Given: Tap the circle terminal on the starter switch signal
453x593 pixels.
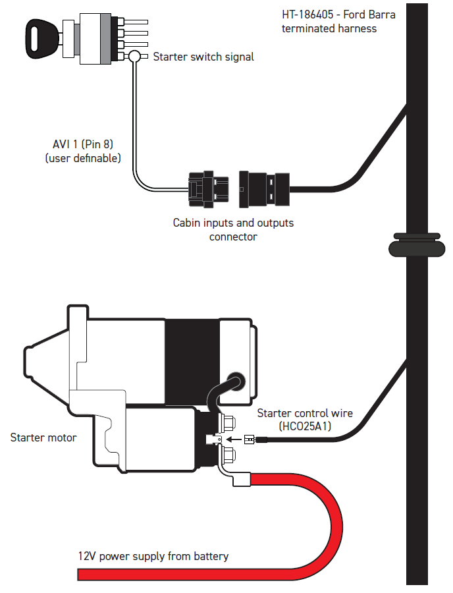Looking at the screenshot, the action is click(x=134, y=57).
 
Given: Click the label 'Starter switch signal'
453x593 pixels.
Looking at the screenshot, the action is click(x=203, y=57).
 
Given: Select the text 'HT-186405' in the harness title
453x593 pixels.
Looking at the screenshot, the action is click(x=307, y=14).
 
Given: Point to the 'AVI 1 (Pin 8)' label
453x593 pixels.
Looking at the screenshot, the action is click(x=83, y=144).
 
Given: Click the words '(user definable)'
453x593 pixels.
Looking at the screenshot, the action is click(x=83, y=158).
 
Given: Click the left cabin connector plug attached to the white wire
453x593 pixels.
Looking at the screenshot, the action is click(x=209, y=190).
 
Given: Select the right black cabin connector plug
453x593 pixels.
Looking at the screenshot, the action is click(x=264, y=189).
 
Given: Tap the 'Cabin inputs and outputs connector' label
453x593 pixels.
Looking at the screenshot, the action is click(x=233, y=229).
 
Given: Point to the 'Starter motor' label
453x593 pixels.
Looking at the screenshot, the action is click(x=43, y=438).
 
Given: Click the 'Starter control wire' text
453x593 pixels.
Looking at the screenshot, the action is click(x=305, y=413).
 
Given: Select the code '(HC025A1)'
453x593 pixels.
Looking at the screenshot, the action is click(x=305, y=426).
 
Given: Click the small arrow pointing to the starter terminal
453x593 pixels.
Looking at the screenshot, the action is click(x=234, y=439).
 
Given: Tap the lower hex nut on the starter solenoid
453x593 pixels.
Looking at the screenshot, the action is click(x=228, y=454).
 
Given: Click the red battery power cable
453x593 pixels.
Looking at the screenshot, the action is click(x=332, y=530).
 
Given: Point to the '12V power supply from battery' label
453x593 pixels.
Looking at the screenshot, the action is click(x=153, y=556).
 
